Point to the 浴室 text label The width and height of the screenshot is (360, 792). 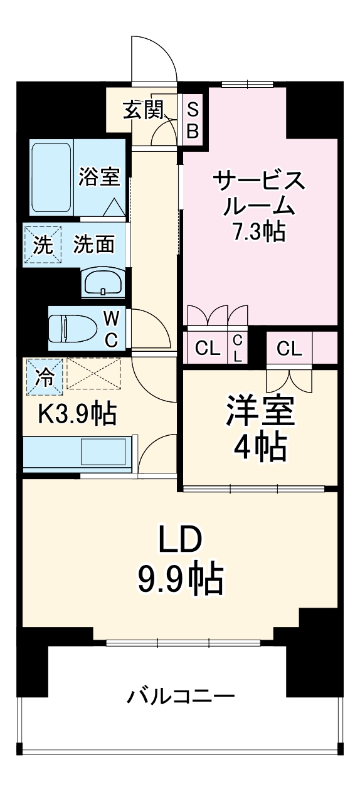coord(99,177)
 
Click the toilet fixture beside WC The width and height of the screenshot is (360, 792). coord(74,328)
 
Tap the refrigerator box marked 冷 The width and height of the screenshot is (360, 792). coord(44,377)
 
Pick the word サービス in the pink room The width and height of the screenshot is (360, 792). coord(259,181)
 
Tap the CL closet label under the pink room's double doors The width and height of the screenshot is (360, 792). coord(207,348)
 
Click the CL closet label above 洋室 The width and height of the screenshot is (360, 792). coord(289,348)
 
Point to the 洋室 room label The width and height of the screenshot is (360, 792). coord(259,411)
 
